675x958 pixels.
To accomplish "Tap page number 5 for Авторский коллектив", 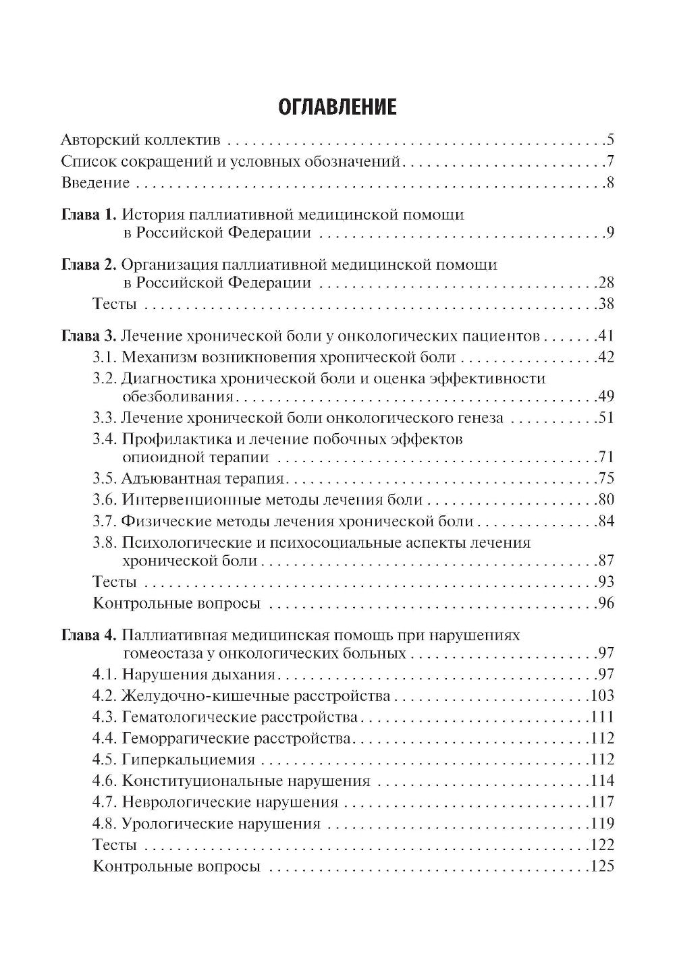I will pos(610,141).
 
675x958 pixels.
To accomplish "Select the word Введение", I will pos(95,183).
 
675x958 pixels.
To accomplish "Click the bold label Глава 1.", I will pos(89,215).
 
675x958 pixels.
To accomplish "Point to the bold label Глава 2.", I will pos(89,264).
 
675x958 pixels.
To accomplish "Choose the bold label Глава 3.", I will pos(89,336).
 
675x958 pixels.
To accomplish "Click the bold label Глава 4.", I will pos(89,636).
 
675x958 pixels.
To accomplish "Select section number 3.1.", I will pos(105,358).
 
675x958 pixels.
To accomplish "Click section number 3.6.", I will pos(105,500).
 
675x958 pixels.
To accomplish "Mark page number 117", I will pos(602,802).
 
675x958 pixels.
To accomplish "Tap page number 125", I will pos(602,867).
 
